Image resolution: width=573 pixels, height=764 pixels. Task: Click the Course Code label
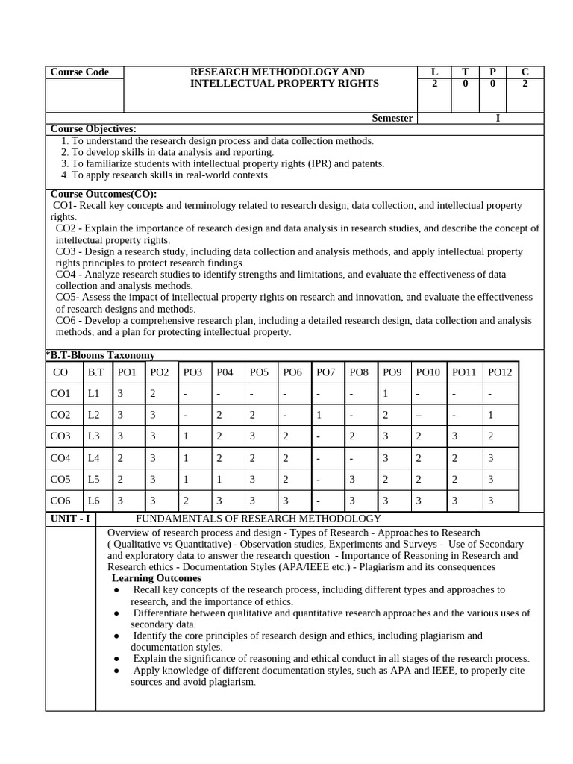pyautogui.click(x=79, y=72)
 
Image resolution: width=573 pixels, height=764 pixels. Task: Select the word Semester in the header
pyautogui.click(x=392, y=118)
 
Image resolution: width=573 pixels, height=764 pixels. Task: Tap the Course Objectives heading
pyautogui.click(x=93, y=129)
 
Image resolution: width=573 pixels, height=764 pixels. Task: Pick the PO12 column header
pyautogui.click(x=501, y=372)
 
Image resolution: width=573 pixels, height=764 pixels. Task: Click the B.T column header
pyautogui.click(x=95, y=372)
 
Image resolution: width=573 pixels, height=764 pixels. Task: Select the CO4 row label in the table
pyautogui.click(x=61, y=457)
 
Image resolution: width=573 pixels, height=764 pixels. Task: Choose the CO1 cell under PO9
pyautogui.click(x=385, y=393)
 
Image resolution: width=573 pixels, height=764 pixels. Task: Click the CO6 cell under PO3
pyautogui.click(x=186, y=501)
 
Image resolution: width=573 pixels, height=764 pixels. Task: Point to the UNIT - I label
pyautogui.click(x=69, y=519)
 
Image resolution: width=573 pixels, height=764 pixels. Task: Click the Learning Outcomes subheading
pyautogui.click(x=156, y=578)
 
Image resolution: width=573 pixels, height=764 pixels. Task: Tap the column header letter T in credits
pyautogui.click(x=466, y=72)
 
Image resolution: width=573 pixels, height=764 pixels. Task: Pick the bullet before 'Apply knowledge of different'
pyautogui.click(x=117, y=671)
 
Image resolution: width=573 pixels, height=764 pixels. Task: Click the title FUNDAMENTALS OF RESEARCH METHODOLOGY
pyautogui.click(x=257, y=519)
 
